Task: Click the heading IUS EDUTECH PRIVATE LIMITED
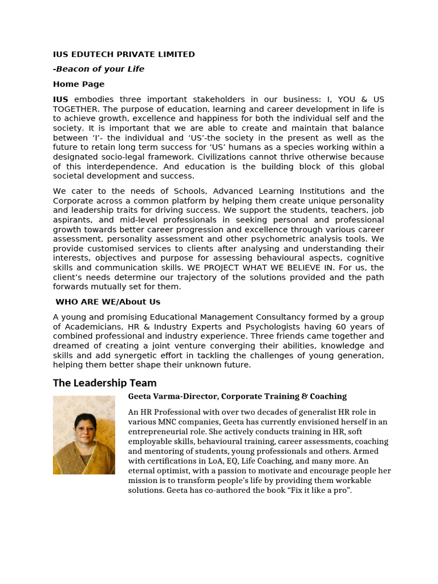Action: pyautogui.click(x=124, y=54)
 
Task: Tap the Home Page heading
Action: pyautogui.click(x=79, y=84)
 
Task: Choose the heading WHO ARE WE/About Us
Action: pyautogui.click(x=108, y=302)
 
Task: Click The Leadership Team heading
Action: pyautogui.click(x=104, y=383)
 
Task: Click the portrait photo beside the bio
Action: pyautogui.click(x=84, y=435)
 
